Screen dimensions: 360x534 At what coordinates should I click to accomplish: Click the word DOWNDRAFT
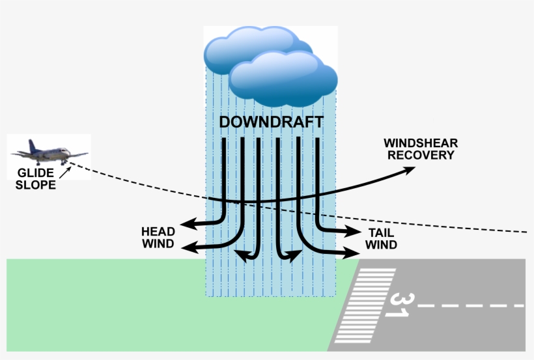271,122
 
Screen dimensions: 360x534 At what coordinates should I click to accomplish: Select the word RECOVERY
419,155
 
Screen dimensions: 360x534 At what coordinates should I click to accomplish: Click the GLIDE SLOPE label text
36,178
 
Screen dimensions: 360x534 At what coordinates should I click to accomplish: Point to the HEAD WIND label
158,238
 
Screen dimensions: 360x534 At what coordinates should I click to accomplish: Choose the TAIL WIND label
381,239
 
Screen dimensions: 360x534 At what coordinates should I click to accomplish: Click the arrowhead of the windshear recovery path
410,170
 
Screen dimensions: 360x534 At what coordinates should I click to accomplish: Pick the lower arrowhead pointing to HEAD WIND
189,247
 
